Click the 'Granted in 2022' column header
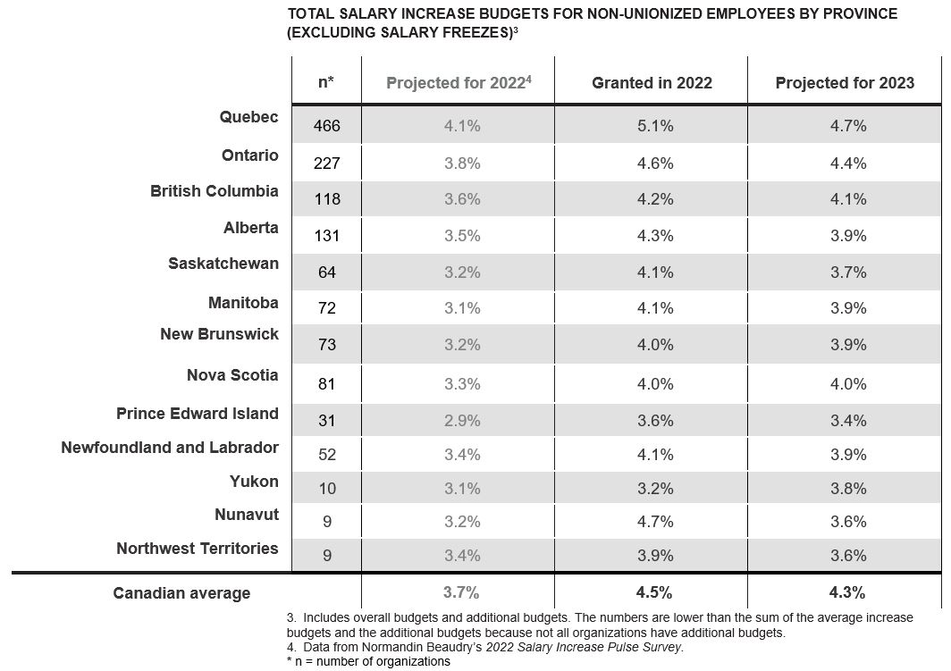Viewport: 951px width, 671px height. tap(652, 82)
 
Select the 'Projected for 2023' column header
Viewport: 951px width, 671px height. tap(845, 82)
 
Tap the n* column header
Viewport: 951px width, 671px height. tap(326, 82)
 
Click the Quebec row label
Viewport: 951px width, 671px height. tap(248, 116)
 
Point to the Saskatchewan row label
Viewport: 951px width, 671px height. tap(223, 264)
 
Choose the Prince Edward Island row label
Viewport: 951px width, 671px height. tap(198, 414)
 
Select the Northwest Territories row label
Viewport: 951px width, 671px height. tap(198, 548)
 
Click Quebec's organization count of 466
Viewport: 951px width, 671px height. tap(327, 125)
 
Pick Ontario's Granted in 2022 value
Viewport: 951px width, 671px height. tap(655, 163)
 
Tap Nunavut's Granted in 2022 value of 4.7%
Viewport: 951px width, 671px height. tap(655, 521)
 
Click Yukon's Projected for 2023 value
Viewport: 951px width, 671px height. tap(848, 488)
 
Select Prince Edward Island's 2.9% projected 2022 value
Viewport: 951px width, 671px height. tap(462, 420)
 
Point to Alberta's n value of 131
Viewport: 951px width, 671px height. tap(327, 235)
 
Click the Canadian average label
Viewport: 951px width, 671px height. tap(181, 592)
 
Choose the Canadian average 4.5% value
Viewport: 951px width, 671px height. tap(654, 592)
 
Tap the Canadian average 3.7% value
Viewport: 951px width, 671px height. tap(461, 592)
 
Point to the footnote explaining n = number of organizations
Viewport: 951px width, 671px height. tap(369, 661)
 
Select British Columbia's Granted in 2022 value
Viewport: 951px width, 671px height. tap(655, 199)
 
